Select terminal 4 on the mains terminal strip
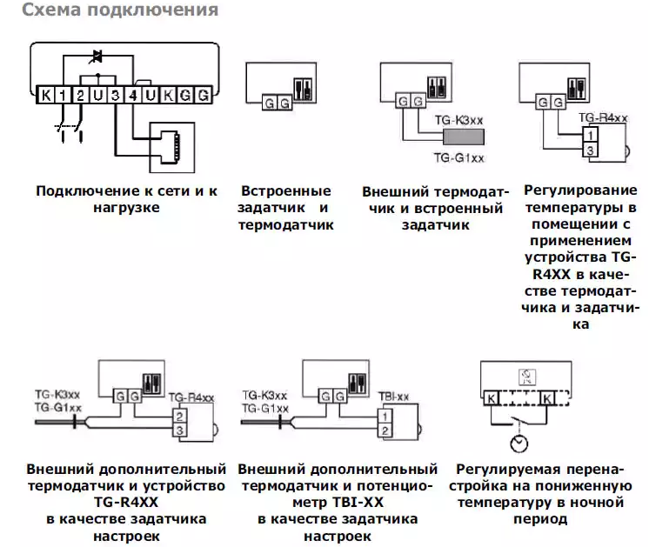(x=133, y=95)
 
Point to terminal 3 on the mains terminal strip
(x=115, y=95)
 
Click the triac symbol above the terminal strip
(x=97, y=57)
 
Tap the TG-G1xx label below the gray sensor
(x=458, y=157)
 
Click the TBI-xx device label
(x=393, y=397)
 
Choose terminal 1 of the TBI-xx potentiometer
(x=385, y=417)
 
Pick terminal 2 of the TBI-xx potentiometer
(x=385, y=430)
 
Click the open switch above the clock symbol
(x=519, y=422)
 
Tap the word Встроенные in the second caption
(x=285, y=190)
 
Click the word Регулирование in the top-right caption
(x=580, y=190)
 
